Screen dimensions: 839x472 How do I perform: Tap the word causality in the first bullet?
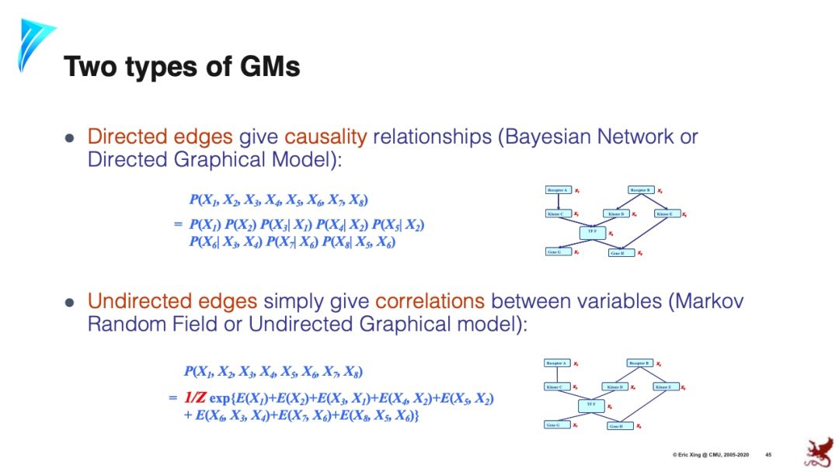coord(326,137)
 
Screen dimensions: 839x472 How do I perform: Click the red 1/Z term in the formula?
coord(194,398)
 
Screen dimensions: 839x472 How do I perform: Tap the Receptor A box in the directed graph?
coord(558,190)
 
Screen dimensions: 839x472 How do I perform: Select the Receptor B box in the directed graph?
coord(640,190)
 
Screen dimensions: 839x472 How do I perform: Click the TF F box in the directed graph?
coord(592,232)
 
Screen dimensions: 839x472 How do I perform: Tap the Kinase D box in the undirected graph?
coord(615,387)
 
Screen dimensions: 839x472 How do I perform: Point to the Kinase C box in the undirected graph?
coord(558,387)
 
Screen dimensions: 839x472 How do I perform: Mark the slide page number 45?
coord(768,454)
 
